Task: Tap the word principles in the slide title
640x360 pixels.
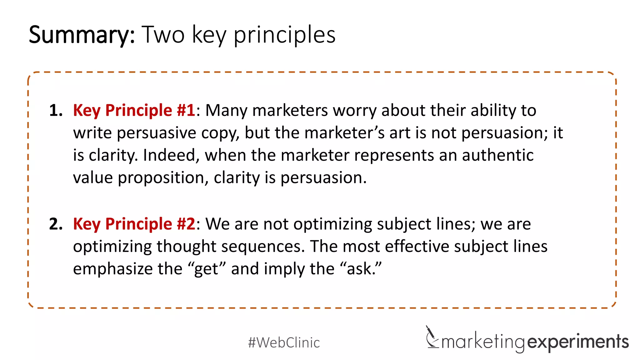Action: point(284,35)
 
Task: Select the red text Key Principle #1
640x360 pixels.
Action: point(134,111)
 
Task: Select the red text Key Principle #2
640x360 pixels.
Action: point(134,224)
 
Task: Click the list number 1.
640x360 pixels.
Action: point(56,111)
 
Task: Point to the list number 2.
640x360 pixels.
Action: point(56,224)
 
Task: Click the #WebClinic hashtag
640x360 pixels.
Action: point(284,342)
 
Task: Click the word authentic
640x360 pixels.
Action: point(497,155)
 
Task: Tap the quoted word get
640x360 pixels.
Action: point(206,269)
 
